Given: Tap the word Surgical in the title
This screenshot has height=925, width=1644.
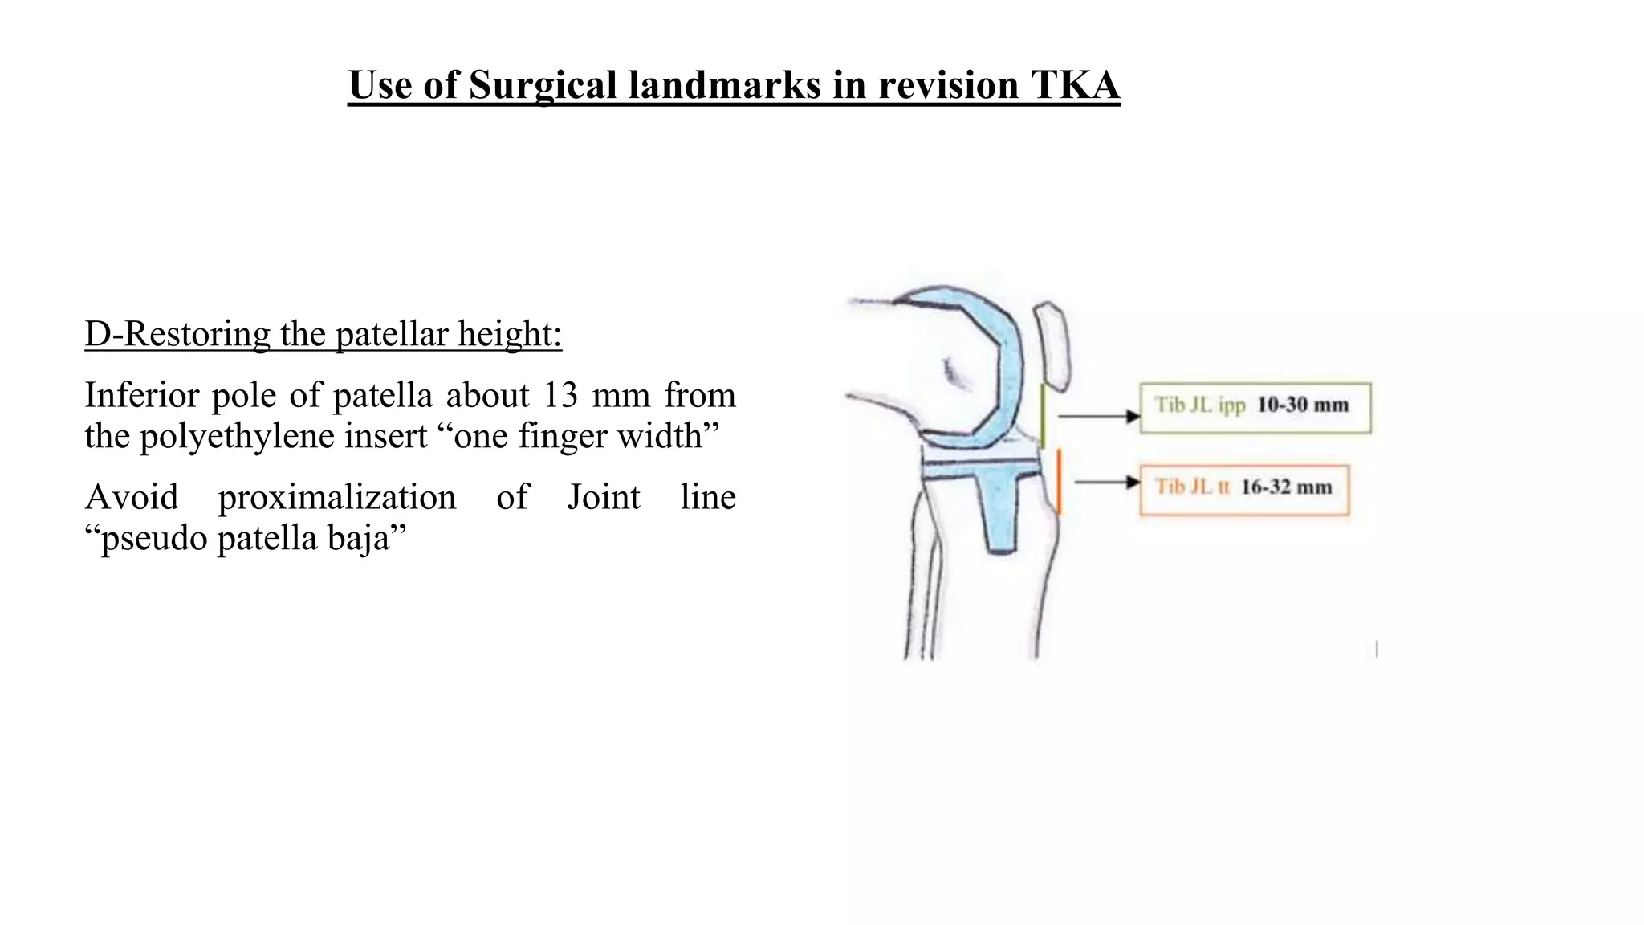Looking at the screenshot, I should pos(542,85).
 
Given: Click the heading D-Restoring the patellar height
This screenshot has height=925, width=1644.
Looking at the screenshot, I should pos(324,334).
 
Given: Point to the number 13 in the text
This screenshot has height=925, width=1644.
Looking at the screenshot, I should pos(560,395).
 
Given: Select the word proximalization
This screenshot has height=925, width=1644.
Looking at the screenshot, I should pos(337,497).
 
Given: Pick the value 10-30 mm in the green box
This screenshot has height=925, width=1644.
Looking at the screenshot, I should pos(1302,405).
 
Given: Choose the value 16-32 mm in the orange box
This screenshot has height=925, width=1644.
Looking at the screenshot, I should pos(1286,487).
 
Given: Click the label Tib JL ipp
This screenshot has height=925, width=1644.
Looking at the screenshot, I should pos(1199,405).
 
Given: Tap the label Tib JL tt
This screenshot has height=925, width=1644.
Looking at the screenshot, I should pos(1191,487).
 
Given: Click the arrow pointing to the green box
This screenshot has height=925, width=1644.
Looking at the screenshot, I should pos(1100,416).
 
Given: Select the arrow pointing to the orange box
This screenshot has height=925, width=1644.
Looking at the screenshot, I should pos(1108,482).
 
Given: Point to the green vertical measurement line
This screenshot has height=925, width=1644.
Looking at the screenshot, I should pos(1043,415).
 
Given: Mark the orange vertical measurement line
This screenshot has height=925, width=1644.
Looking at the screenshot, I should pos(1059,482).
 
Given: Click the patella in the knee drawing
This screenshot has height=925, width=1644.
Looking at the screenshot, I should pos(1052,345).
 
